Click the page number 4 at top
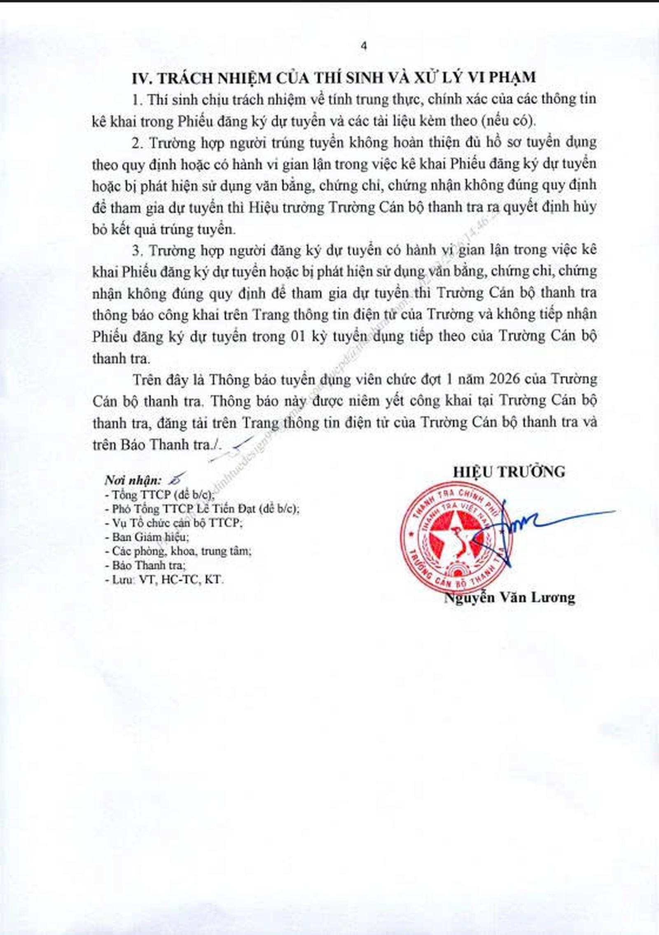click(363, 46)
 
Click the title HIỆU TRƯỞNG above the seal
click(509, 472)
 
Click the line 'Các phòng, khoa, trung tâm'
click(178, 551)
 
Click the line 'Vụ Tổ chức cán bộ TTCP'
click(172, 523)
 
